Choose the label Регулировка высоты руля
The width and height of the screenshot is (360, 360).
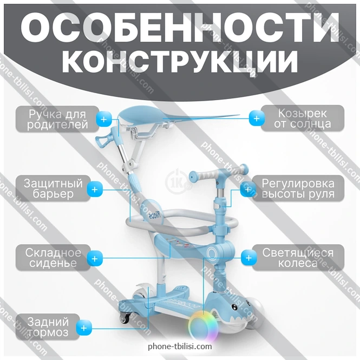tap(301, 188)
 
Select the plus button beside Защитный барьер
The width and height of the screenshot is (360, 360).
tap(95, 189)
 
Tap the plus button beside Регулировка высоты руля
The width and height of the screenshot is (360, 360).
tap(247, 189)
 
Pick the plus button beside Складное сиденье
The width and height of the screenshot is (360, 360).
tap(95, 259)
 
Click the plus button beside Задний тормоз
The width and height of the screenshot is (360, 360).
tap(84, 328)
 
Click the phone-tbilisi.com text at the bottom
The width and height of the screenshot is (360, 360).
tap(180, 346)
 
